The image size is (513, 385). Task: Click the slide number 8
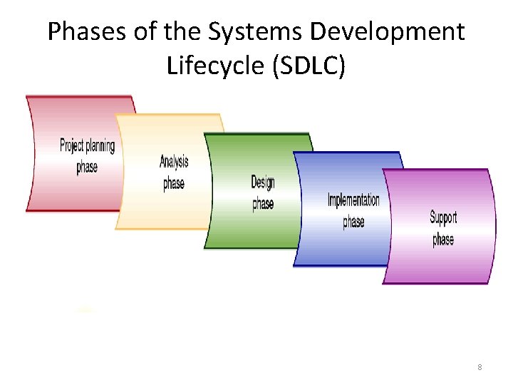pyautogui.click(x=480, y=367)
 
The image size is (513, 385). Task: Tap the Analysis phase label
pyautogui.click(x=174, y=173)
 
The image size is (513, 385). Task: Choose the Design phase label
pyautogui.click(x=263, y=192)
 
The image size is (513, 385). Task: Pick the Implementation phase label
pyautogui.click(x=353, y=210)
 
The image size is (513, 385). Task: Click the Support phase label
pyautogui.click(x=443, y=228)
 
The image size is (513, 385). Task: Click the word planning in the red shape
pyautogui.click(x=100, y=146)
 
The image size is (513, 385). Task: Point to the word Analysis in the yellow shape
pyautogui.click(x=174, y=162)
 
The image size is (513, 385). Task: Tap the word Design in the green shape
pyautogui.click(x=263, y=183)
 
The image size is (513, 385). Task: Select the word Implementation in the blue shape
pyautogui.click(x=353, y=200)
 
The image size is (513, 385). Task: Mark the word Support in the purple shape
pyautogui.click(x=443, y=217)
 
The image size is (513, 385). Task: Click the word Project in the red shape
pyautogui.click(x=72, y=146)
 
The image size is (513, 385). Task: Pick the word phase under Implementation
pyautogui.click(x=353, y=221)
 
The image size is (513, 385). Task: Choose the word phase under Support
pyautogui.click(x=443, y=239)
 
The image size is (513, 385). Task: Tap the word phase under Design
pyautogui.click(x=263, y=204)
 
